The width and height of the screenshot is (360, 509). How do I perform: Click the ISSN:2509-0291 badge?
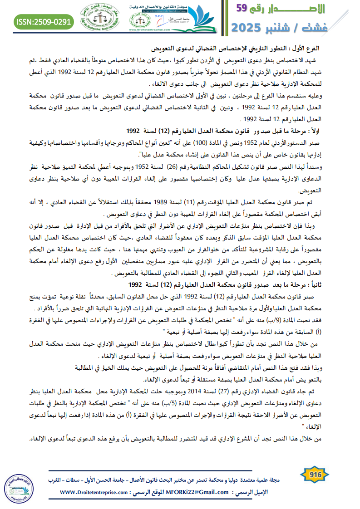coord(44,21)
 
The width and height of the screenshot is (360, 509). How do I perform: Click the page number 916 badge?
coord(315,475)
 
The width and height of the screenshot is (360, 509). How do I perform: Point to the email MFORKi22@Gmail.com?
coord(203,492)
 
